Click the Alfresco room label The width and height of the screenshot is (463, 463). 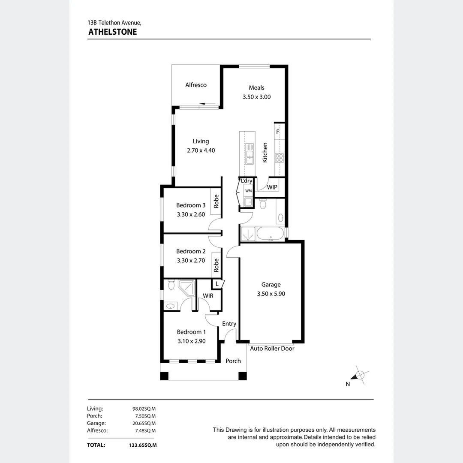[x=196, y=85]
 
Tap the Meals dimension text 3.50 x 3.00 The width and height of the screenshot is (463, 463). [x=256, y=97]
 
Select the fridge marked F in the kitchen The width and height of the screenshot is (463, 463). [x=278, y=132]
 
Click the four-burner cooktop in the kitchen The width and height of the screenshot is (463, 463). [x=279, y=158]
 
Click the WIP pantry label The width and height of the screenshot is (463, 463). [x=272, y=187]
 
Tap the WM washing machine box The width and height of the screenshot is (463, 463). [x=248, y=191]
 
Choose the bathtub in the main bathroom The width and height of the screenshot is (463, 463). [x=270, y=234]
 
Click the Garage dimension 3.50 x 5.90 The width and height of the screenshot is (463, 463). [x=271, y=294]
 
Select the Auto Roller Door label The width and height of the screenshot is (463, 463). [x=272, y=349]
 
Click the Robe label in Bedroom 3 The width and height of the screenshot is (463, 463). [x=216, y=201]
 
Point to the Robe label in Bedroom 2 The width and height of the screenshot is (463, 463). [x=216, y=265]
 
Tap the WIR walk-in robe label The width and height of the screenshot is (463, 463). [x=208, y=295]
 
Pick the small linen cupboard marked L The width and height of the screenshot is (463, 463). [x=217, y=284]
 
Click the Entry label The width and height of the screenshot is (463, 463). [x=229, y=324]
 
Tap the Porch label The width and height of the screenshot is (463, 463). [x=233, y=361]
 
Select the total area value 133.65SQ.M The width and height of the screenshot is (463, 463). [x=142, y=445]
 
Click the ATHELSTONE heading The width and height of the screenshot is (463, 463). [x=112, y=32]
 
